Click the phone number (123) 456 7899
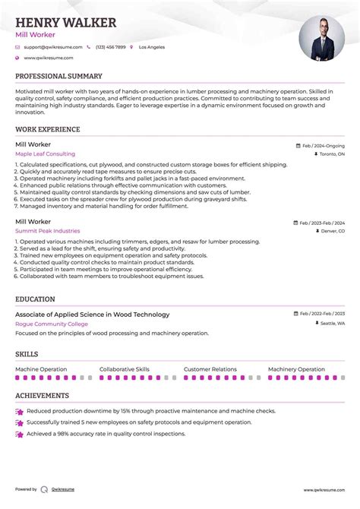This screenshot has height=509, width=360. (x=110, y=47)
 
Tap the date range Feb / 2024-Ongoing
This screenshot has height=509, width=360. (x=323, y=145)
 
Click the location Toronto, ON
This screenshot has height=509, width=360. (x=330, y=154)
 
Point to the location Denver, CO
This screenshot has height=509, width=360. (x=331, y=231)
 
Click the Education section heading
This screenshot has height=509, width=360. (x=35, y=299)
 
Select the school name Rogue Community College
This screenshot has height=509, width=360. (x=51, y=324)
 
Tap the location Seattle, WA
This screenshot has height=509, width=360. (x=331, y=324)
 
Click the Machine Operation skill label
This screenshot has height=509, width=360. (x=41, y=369)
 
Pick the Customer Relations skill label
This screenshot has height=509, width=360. (x=210, y=369)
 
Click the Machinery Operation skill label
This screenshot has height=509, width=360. (x=296, y=369)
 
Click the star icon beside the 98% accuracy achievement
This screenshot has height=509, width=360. (x=19, y=435)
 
